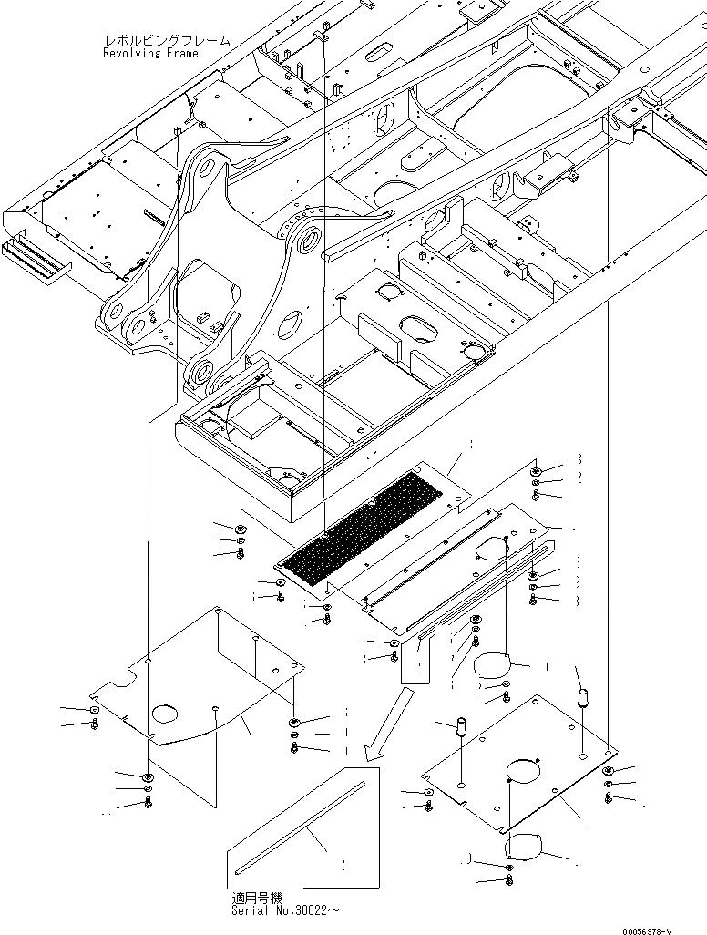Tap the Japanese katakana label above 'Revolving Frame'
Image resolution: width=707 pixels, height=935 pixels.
click(x=167, y=41)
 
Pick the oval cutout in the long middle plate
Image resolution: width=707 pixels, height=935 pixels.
click(x=492, y=547)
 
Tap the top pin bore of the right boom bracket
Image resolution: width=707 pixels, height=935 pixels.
click(x=307, y=240)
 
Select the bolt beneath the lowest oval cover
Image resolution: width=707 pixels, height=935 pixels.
click(x=508, y=881)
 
